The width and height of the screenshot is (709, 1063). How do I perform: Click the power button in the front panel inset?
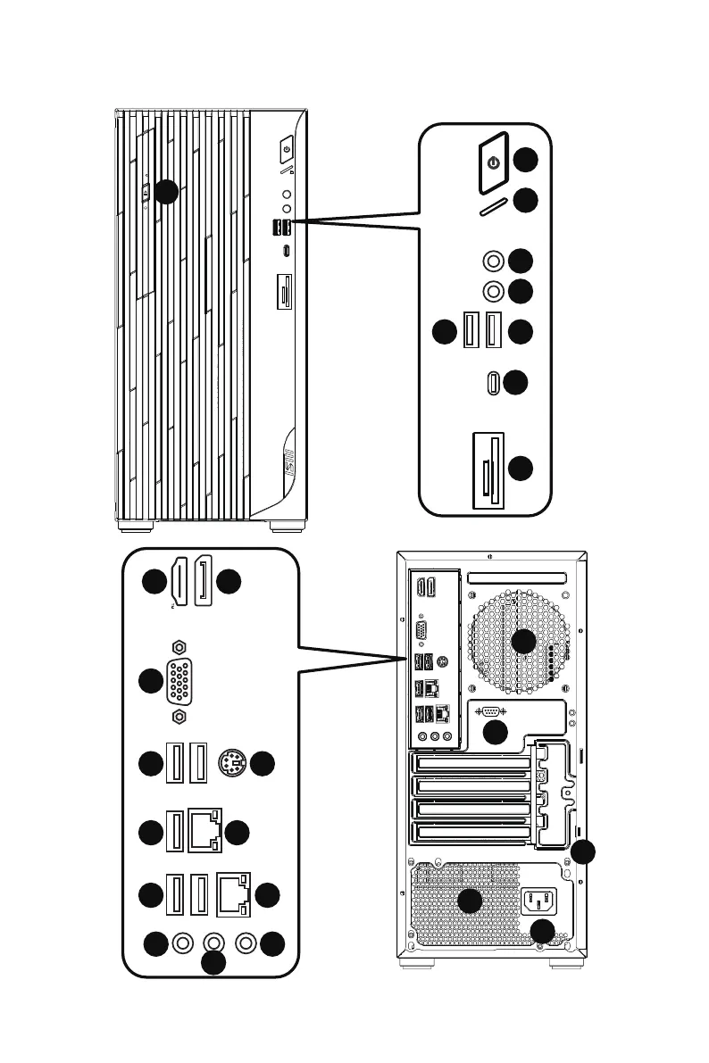pos(492,162)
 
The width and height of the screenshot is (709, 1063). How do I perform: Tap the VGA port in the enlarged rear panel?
pos(179,682)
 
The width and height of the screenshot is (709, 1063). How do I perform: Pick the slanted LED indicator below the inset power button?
pos(493,206)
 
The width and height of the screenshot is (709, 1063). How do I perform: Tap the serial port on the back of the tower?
pos(490,711)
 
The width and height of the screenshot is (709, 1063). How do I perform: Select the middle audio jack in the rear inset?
pos(214,943)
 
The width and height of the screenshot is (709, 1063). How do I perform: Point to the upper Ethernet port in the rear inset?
pos(208,830)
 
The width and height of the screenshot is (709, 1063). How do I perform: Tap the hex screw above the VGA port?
pos(179,646)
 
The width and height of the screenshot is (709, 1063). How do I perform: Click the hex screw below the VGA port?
pos(179,716)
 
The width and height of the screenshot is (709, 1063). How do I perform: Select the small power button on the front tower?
pos(287,145)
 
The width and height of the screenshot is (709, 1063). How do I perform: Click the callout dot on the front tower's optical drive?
pos(165,191)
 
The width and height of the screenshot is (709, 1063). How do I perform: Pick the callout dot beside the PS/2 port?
pos(262,764)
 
